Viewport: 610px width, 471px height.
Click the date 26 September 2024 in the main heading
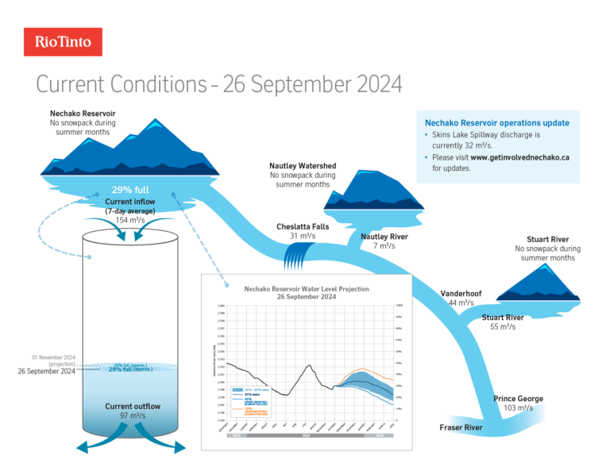(313, 84)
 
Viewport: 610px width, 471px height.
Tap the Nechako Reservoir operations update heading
(497, 123)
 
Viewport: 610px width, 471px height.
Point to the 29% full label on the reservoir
(130, 191)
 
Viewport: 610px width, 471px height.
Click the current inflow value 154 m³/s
(130, 219)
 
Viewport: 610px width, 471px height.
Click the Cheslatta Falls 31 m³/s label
(303, 231)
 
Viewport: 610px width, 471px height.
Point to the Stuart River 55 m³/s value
(503, 326)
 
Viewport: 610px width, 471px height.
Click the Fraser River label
(461, 428)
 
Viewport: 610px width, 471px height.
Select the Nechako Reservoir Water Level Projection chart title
(306, 292)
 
